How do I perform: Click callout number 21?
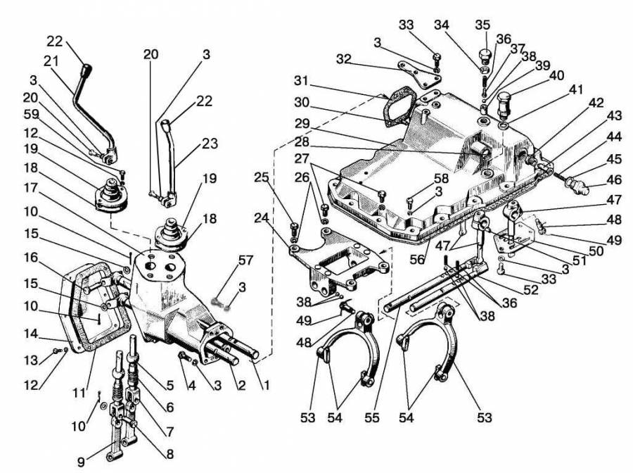(50, 63)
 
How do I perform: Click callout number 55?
(371, 418)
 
